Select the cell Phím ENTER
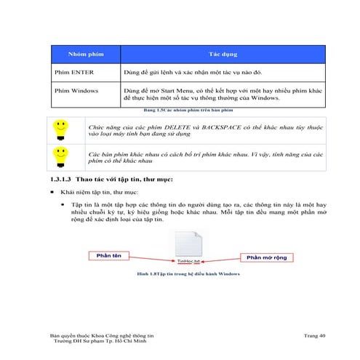click(71, 73)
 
